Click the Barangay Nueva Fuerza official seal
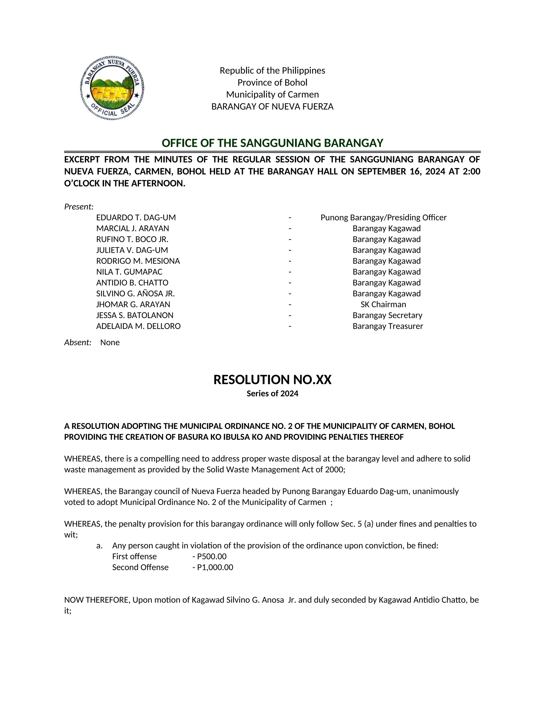coord(112,88)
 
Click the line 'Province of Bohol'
coord(272,83)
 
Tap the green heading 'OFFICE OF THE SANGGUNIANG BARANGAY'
coord(272,143)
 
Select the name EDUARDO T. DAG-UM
coord(136,218)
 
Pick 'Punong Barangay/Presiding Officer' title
coord(383,218)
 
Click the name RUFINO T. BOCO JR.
coord(132,239)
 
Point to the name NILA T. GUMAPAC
coord(129,272)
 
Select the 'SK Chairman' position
coord(383,304)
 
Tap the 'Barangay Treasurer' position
coord(387,326)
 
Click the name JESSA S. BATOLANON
coord(135,315)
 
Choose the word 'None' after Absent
coord(110,342)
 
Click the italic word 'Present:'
coord(79,207)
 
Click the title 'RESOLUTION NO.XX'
coord(272,380)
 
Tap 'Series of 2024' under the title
coord(272,393)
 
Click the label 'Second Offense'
coord(140,567)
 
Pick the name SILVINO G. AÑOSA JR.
coord(135,293)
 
